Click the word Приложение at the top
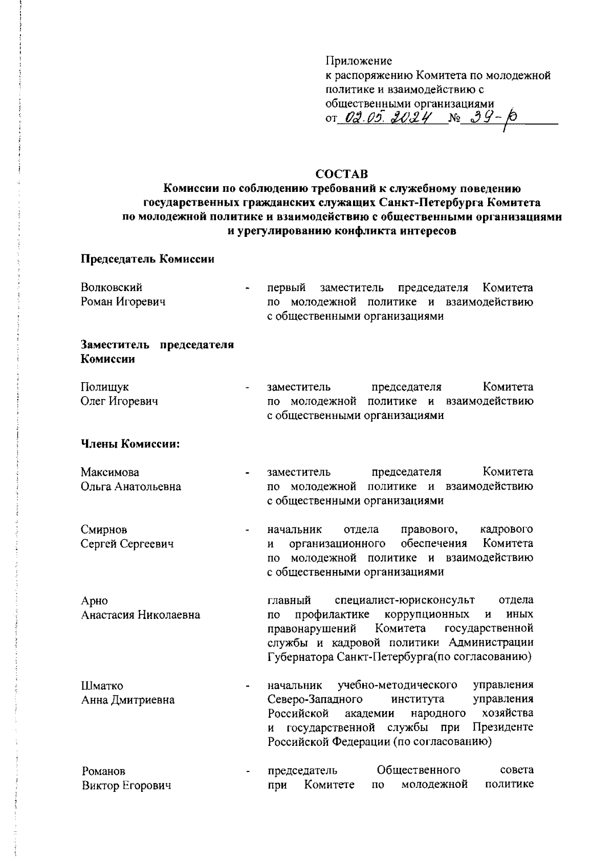point(359,61)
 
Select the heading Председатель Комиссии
point(147,259)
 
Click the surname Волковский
point(112,288)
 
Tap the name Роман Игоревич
point(123,302)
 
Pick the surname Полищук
point(105,387)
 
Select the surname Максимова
point(110,472)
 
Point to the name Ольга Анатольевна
point(131,486)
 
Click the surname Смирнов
point(104,529)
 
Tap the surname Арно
point(95,600)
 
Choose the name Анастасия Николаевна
point(141,614)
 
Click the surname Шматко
point(102,686)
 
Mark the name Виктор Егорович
point(126,785)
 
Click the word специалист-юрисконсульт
point(404,600)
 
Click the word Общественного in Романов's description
point(418,770)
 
